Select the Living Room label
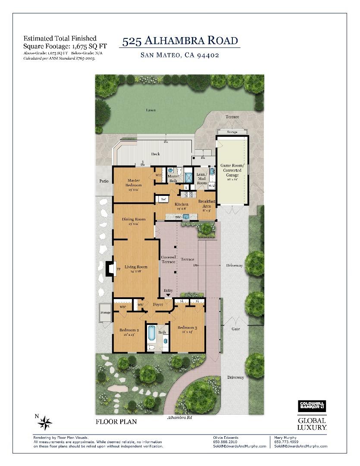[x=133, y=268]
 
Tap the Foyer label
[x=158, y=305]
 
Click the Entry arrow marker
[x=168, y=295]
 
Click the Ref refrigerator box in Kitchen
[x=163, y=199]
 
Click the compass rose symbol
[x=45, y=423]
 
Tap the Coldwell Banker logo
[x=312, y=406]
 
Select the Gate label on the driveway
[x=235, y=329]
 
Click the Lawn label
[x=150, y=110]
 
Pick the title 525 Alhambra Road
[x=180, y=41]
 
